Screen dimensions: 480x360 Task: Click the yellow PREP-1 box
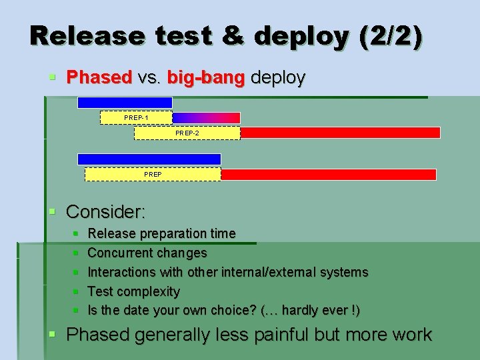pos(136,118)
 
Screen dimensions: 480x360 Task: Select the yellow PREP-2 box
pos(187,133)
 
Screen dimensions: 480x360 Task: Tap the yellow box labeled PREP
pos(153,174)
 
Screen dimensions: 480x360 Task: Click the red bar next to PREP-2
pos(340,133)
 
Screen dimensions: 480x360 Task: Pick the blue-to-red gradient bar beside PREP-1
pos(206,118)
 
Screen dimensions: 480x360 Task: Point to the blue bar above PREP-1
pos(125,103)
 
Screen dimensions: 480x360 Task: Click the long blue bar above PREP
pos(149,159)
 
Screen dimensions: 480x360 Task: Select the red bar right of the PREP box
pos(328,174)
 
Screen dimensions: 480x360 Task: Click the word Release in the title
pos(86,36)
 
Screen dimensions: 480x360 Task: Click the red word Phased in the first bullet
pos(99,77)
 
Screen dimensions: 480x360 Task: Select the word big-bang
pos(206,77)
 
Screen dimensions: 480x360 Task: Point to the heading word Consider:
pos(106,212)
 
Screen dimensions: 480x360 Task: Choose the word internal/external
pos(278,272)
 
